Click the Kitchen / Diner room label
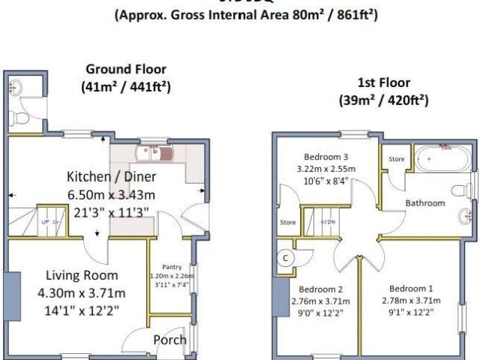[x=111, y=177]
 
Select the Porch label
[x=169, y=340]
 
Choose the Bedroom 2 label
[x=320, y=289]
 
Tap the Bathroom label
[x=426, y=202]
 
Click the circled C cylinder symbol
[x=285, y=257]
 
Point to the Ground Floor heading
[x=126, y=69]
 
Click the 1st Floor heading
[x=382, y=83]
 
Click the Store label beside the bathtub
[x=397, y=159]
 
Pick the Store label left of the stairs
[x=287, y=223]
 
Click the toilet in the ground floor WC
[x=22, y=117]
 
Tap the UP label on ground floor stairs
[x=44, y=223]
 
